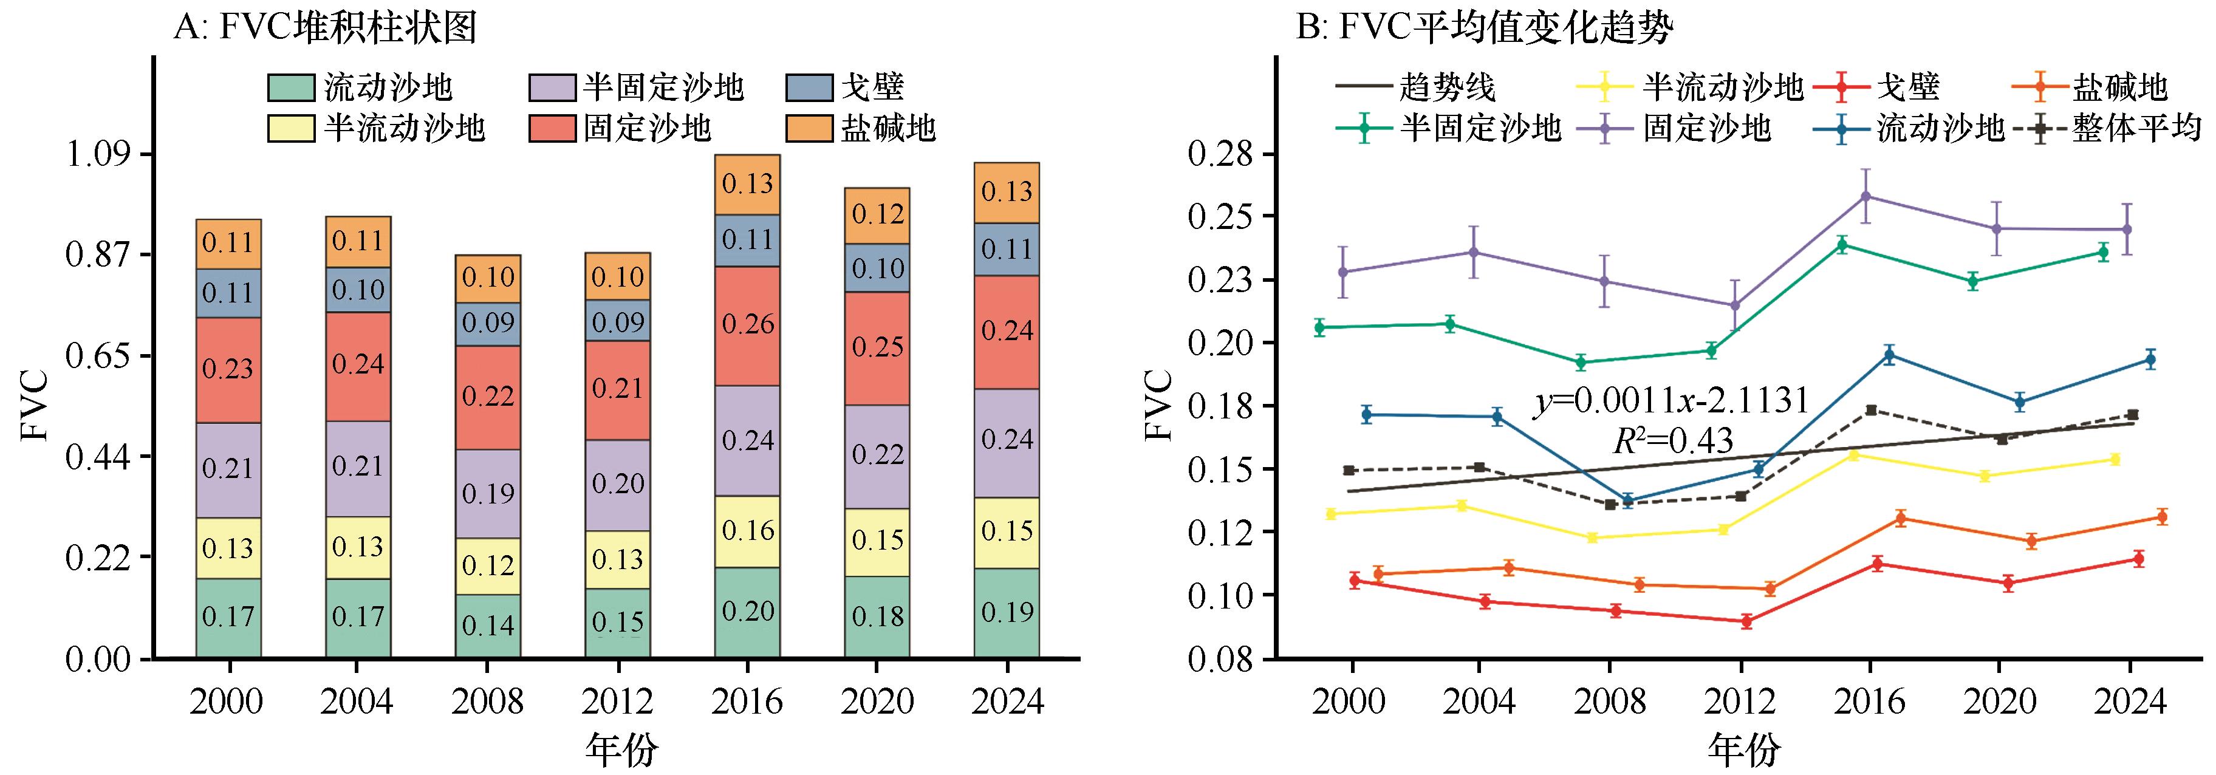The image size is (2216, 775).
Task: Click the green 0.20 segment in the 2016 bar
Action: (x=747, y=612)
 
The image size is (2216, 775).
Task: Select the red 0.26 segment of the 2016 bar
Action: (x=747, y=325)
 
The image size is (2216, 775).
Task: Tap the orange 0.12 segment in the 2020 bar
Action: (x=877, y=215)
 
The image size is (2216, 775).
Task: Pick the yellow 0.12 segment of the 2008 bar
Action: (x=488, y=566)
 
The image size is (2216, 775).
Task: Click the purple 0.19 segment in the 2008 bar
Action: (x=488, y=494)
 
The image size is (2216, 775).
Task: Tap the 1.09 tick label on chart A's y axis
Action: (x=97, y=155)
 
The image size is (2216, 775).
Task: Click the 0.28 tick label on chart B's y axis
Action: (x=1222, y=155)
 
